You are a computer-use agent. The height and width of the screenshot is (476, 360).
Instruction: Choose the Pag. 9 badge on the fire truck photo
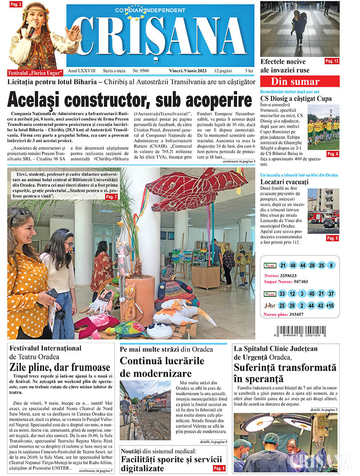[x=332, y=238]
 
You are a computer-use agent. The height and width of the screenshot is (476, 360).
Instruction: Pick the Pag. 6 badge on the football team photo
[x=332, y=154]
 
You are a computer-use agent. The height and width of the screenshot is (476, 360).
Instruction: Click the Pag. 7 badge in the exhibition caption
[x=111, y=197]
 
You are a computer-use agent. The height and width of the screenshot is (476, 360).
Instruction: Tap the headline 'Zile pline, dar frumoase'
[x=60, y=367]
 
